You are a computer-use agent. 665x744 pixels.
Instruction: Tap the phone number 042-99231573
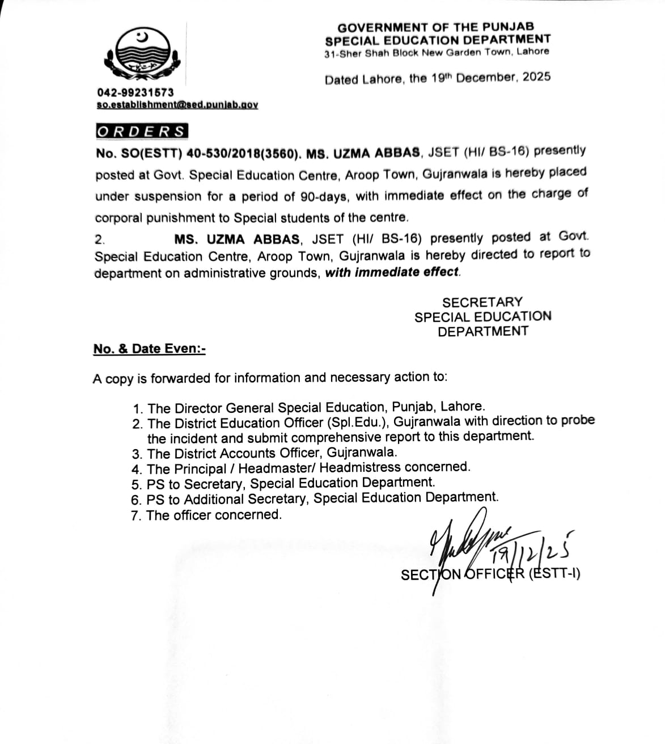[135, 92]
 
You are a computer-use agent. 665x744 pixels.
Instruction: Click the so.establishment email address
[177, 105]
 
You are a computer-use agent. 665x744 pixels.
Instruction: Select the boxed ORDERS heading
[141, 132]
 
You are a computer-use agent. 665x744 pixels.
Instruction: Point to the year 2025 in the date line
[536, 77]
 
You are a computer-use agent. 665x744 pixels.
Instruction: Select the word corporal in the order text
[118, 218]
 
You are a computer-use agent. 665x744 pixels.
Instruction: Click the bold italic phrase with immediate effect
[393, 272]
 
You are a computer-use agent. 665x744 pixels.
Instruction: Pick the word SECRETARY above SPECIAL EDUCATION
[482, 302]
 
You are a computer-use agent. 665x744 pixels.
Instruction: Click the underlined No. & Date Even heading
[150, 349]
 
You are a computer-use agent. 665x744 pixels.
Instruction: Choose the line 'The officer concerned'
[213, 515]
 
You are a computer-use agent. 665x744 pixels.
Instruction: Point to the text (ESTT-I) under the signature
[554, 574]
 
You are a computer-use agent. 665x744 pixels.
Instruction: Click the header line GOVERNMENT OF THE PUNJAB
[435, 27]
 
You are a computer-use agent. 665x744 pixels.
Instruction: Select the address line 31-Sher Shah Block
[437, 52]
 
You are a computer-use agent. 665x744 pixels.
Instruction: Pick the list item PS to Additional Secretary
[322, 498]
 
